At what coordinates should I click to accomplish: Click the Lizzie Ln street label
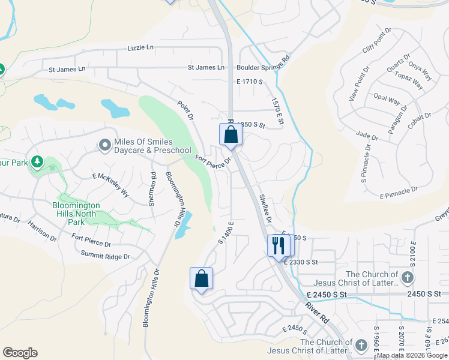point(141,47)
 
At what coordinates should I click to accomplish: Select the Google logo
point(20,353)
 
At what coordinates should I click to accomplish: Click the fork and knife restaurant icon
point(277,246)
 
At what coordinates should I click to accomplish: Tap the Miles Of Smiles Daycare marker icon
point(105,145)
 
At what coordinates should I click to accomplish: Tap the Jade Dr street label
point(367,136)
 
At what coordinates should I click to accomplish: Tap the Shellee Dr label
point(265,208)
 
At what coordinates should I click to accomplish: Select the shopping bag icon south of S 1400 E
point(201,278)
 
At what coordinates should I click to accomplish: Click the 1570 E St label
point(277,112)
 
